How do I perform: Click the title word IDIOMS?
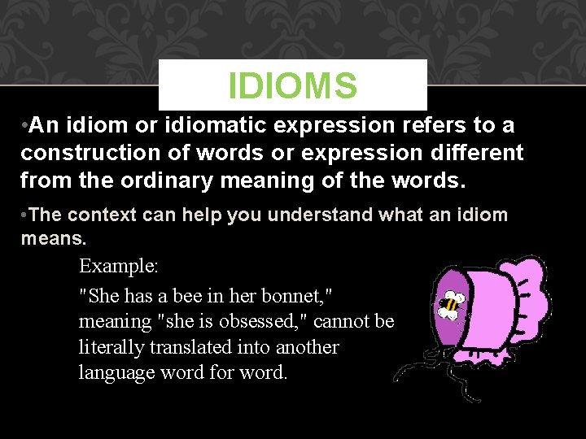pos(292,85)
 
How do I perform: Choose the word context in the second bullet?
pos(99,215)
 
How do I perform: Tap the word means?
pos(52,240)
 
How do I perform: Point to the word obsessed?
pos(260,321)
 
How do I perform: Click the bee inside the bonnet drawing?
pos(449,304)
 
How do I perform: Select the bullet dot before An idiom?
pos(26,127)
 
